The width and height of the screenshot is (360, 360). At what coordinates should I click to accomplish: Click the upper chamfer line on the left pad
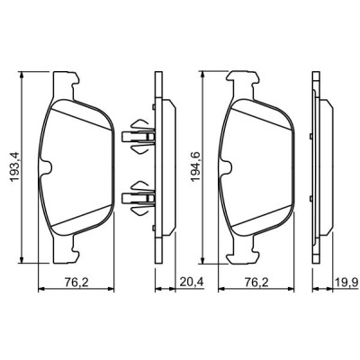pyautogui.click(x=81, y=110)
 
